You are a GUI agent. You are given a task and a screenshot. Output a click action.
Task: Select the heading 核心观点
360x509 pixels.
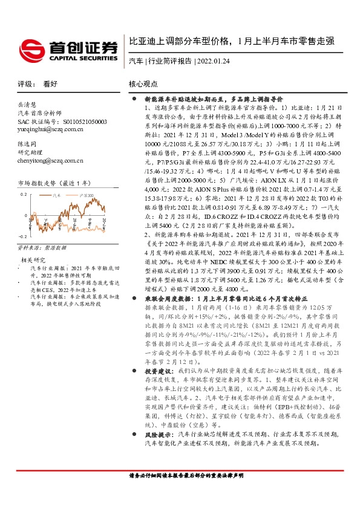(143, 85)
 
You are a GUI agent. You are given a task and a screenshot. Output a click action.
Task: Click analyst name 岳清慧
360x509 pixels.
(27, 105)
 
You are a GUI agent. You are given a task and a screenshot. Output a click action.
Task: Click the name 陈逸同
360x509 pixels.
(27, 145)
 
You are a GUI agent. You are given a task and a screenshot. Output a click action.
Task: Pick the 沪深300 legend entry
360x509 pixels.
(88, 195)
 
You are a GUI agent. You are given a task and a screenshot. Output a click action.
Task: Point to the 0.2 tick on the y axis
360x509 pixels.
(24, 194)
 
